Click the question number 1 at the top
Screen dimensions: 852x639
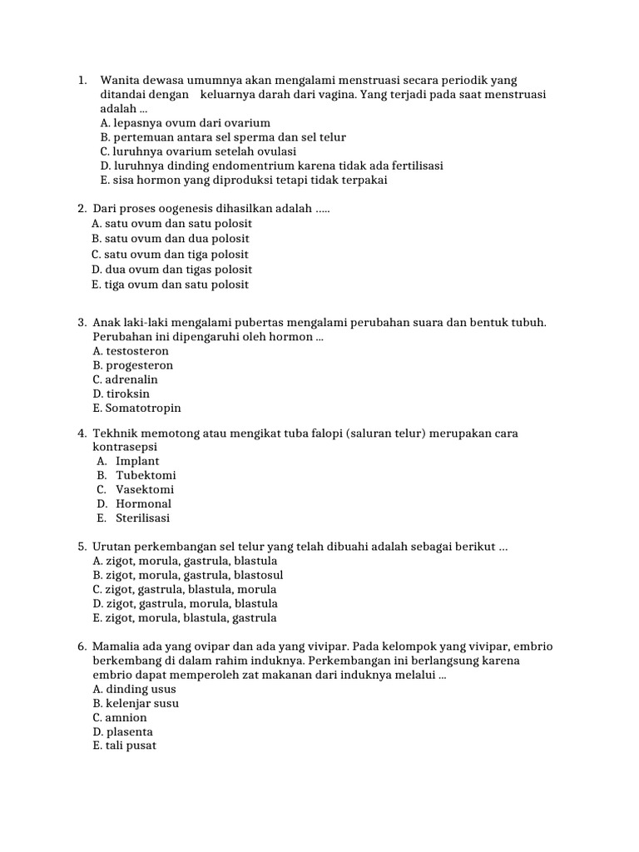(x=82, y=81)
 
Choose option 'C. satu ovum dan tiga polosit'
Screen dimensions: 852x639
(x=171, y=255)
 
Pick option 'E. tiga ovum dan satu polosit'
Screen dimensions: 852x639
(x=171, y=285)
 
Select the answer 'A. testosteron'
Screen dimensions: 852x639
(x=131, y=351)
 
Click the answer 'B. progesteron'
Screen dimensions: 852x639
(x=133, y=365)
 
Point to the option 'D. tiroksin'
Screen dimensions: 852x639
(x=121, y=394)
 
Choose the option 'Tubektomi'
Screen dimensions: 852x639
(x=146, y=475)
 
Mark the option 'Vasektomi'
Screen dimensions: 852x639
(x=145, y=489)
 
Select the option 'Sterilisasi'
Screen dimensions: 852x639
(x=142, y=518)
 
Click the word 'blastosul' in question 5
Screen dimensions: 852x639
(x=257, y=575)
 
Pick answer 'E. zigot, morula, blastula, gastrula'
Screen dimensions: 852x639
(x=185, y=618)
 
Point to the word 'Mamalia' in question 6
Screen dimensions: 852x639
(x=116, y=646)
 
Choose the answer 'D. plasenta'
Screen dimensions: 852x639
(x=123, y=732)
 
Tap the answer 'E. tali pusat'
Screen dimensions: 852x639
(x=125, y=746)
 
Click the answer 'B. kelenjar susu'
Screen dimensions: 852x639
(x=136, y=704)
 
